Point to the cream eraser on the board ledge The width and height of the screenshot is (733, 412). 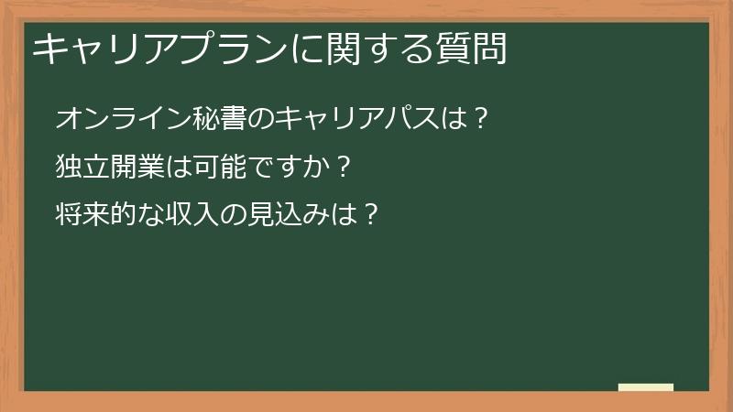[645, 387]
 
